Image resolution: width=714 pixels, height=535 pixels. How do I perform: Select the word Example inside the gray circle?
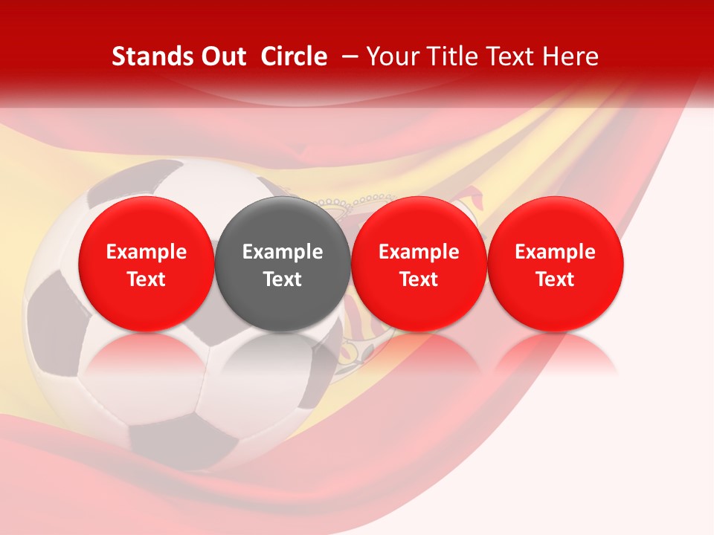pyautogui.click(x=283, y=252)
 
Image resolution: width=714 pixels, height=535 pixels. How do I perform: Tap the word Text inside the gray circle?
pyautogui.click(x=283, y=279)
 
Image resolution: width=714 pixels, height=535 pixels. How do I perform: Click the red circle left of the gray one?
pyautogui.click(x=146, y=223)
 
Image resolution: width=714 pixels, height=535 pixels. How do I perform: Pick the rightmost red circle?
pyautogui.click(x=556, y=223)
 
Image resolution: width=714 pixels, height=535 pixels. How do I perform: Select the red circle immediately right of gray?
pyautogui.click(x=419, y=223)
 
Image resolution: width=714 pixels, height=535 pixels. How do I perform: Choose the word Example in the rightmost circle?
pyautogui.click(x=556, y=252)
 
